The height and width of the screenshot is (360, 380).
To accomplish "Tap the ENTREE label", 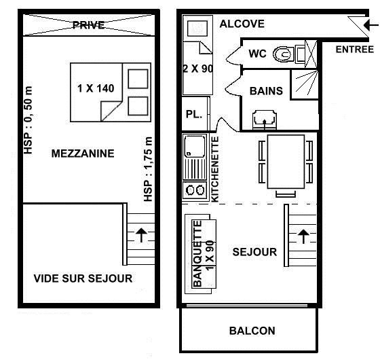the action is [x=354, y=50].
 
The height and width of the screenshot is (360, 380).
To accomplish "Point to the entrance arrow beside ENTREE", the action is [x=371, y=24].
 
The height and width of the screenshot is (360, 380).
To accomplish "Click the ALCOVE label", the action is [x=242, y=24].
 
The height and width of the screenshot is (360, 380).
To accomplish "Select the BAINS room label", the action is [x=266, y=91].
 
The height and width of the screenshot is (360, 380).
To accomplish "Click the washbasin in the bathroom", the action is [x=265, y=120].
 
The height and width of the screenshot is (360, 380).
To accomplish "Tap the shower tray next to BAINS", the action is [x=305, y=84].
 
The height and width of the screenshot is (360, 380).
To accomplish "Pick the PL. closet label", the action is [x=194, y=114].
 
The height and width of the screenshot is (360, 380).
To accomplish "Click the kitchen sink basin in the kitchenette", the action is [x=195, y=146].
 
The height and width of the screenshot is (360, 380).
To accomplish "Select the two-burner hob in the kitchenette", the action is [x=195, y=190].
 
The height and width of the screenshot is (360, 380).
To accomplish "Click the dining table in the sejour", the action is [x=286, y=162].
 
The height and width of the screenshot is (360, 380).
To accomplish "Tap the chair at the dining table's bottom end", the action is [x=286, y=194].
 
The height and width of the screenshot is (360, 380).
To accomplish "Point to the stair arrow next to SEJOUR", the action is [x=303, y=236].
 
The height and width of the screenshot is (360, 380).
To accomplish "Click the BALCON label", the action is [x=252, y=331].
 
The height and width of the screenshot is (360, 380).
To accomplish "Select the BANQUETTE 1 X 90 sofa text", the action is [x=204, y=253].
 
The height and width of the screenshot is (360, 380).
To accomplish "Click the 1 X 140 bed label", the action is [x=96, y=88].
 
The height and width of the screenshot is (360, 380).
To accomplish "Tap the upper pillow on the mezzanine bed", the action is [x=138, y=79].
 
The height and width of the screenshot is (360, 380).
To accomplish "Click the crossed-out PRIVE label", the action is [x=89, y=25].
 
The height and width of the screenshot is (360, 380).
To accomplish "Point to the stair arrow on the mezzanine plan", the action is [x=141, y=235].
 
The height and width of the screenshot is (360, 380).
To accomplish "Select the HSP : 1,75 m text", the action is [x=148, y=169].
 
